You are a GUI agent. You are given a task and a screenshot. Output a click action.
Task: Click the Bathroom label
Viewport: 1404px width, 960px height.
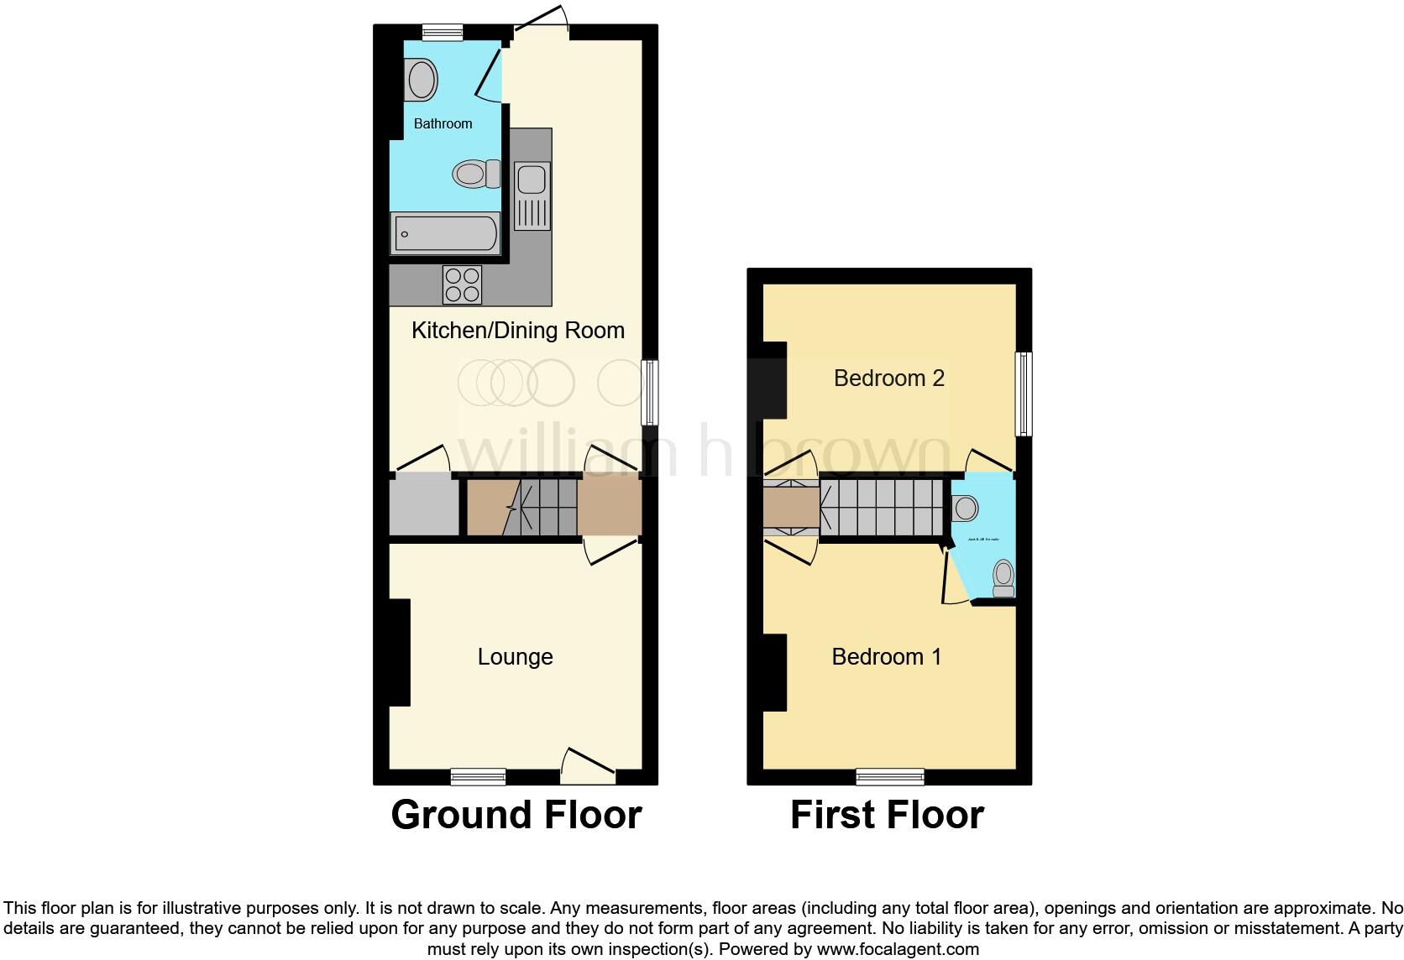point(443,123)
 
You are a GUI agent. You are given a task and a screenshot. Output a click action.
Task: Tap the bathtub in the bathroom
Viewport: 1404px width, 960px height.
point(445,232)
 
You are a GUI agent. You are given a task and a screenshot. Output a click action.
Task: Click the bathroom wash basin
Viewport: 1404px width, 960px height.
point(421,81)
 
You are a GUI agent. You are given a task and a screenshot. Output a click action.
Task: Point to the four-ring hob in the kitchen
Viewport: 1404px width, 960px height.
point(462,284)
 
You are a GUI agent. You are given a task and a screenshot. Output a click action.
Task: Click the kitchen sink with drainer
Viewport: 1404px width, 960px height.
point(532,196)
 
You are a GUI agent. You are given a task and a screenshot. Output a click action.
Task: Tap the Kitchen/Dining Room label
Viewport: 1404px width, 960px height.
point(517,331)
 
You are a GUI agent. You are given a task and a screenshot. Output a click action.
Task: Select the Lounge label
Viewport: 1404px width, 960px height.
point(515,657)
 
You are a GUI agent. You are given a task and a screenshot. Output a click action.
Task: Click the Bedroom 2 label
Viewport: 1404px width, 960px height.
point(888,378)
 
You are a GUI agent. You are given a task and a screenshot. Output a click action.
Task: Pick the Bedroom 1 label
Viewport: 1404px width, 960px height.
point(886,656)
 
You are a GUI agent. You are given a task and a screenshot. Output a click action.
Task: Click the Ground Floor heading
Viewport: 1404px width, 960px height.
point(516,815)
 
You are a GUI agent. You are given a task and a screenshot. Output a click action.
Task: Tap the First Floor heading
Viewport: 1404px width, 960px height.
point(887,815)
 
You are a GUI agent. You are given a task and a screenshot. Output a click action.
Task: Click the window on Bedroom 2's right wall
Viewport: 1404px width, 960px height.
point(1024,394)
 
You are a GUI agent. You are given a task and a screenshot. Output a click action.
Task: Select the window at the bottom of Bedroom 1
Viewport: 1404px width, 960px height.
point(890,777)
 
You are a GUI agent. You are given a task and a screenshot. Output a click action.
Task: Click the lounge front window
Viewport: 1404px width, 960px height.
point(478,777)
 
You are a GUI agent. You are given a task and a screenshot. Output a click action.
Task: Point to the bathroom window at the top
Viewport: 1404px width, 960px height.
point(442,33)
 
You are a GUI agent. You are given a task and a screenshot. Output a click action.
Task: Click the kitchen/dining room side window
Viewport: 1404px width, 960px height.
point(650,393)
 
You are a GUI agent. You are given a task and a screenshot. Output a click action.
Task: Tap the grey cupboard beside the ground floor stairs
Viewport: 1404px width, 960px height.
point(424,506)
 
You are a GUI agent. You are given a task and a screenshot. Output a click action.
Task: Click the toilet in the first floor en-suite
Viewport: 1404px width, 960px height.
point(1003,577)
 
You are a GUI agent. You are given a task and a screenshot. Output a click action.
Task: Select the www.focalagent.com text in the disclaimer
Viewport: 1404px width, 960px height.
point(898,950)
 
